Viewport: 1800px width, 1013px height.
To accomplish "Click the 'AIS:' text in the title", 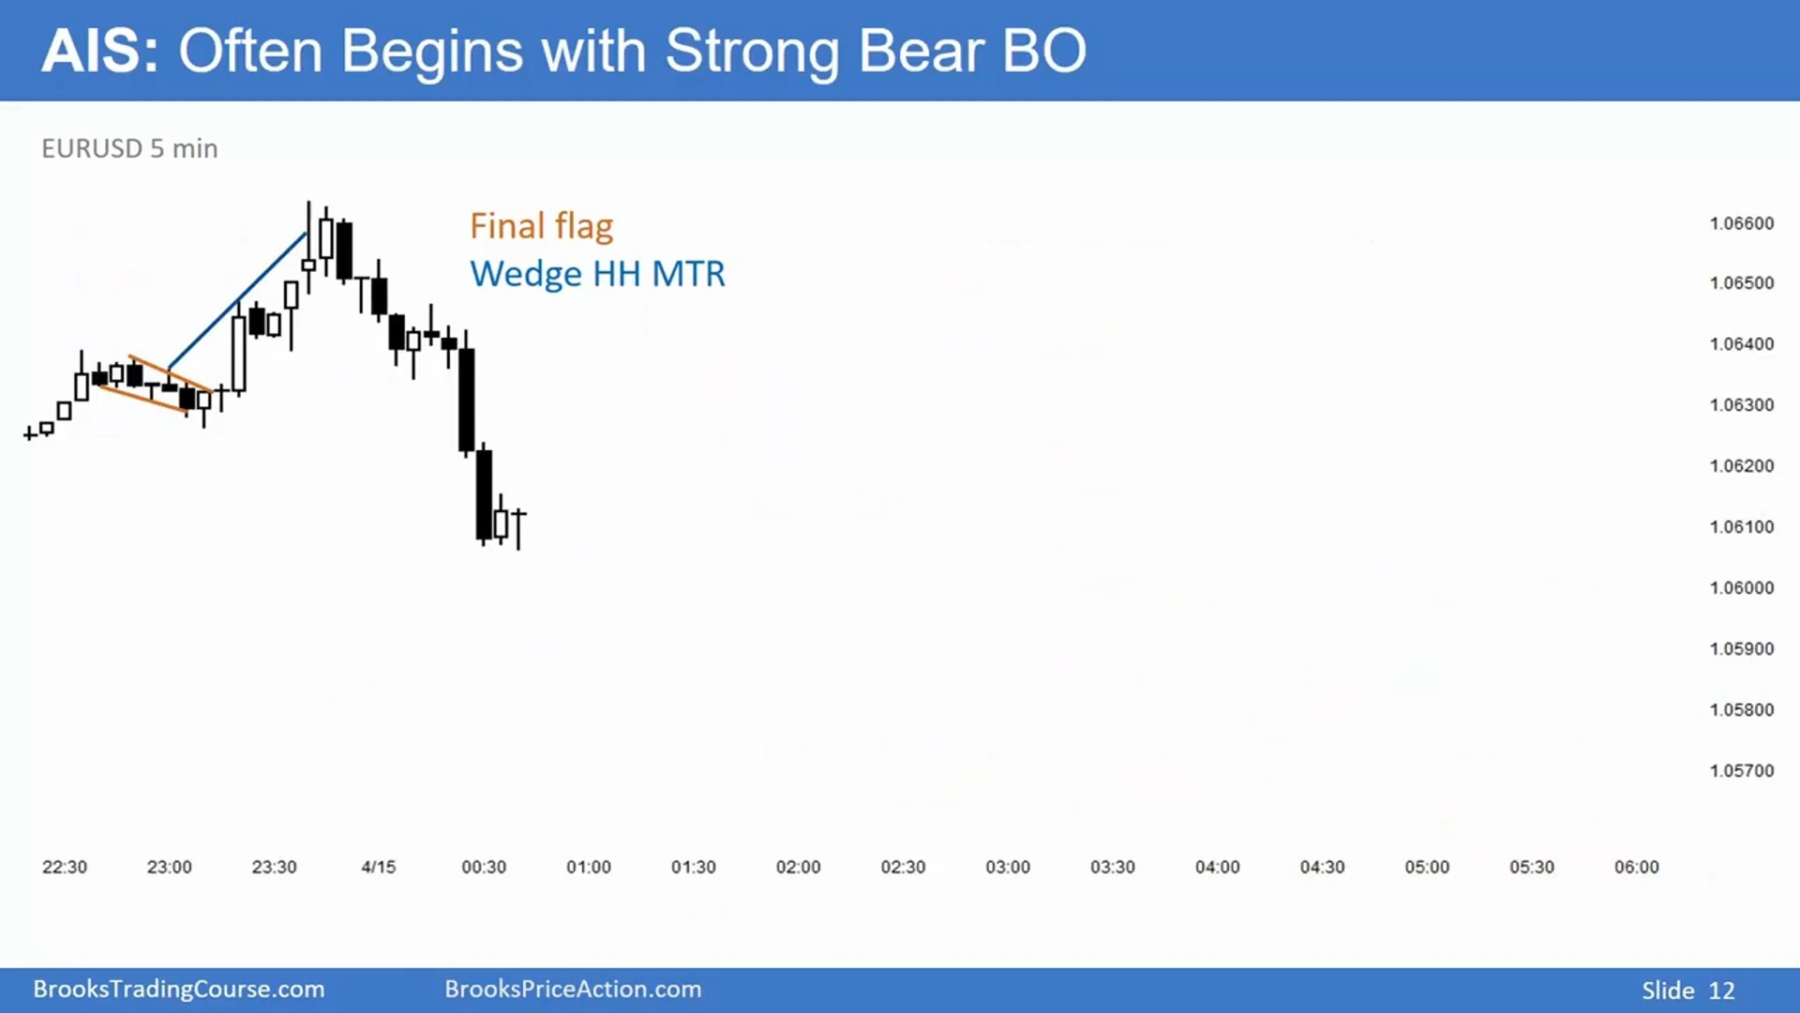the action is pyautogui.click(x=100, y=51).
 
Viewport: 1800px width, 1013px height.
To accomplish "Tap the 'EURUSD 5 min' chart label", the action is pyautogui.click(x=129, y=148).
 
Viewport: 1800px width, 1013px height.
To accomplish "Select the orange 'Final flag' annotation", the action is pyautogui.click(x=541, y=226).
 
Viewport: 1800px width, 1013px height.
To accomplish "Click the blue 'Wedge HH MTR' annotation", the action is pyautogui.click(x=597, y=274).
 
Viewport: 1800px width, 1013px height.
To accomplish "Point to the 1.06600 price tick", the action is pyautogui.click(x=1742, y=223).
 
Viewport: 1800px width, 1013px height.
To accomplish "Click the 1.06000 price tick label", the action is pyautogui.click(x=1742, y=588).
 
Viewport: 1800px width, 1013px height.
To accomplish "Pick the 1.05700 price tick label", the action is pyautogui.click(x=1742, y=771).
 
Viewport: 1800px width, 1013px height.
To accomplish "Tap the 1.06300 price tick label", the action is pyautogui.click(x=1742, y=405).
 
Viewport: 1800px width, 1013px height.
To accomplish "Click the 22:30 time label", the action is pyautogui.click(x=65, y=868).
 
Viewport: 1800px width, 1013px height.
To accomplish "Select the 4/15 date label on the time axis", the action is pyautogui.click(x=379, y=868).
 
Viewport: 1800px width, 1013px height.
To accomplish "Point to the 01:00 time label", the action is pyautogui.click(x=589, y=868).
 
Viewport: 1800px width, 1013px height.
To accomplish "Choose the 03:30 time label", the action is pyautogui.click(x=1113, y=868).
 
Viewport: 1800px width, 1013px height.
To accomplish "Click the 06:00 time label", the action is pyautogui.click(x=1637, y=868).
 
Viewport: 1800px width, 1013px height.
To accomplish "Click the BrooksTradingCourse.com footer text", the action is pyautogui.click(x=179, y=990).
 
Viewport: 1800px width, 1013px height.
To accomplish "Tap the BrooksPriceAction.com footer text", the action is pyautogui.click(x=573, y=990).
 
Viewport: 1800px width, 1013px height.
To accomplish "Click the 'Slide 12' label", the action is pyautogui.click(x=1688, y=990).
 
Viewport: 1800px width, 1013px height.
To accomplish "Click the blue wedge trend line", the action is pyautogui.click(x=237, y=300).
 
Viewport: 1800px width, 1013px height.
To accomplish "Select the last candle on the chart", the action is pyautogui.click(x=518, y=529).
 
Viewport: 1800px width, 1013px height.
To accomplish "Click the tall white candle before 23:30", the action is pyautogui.click(x=239, y=353).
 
